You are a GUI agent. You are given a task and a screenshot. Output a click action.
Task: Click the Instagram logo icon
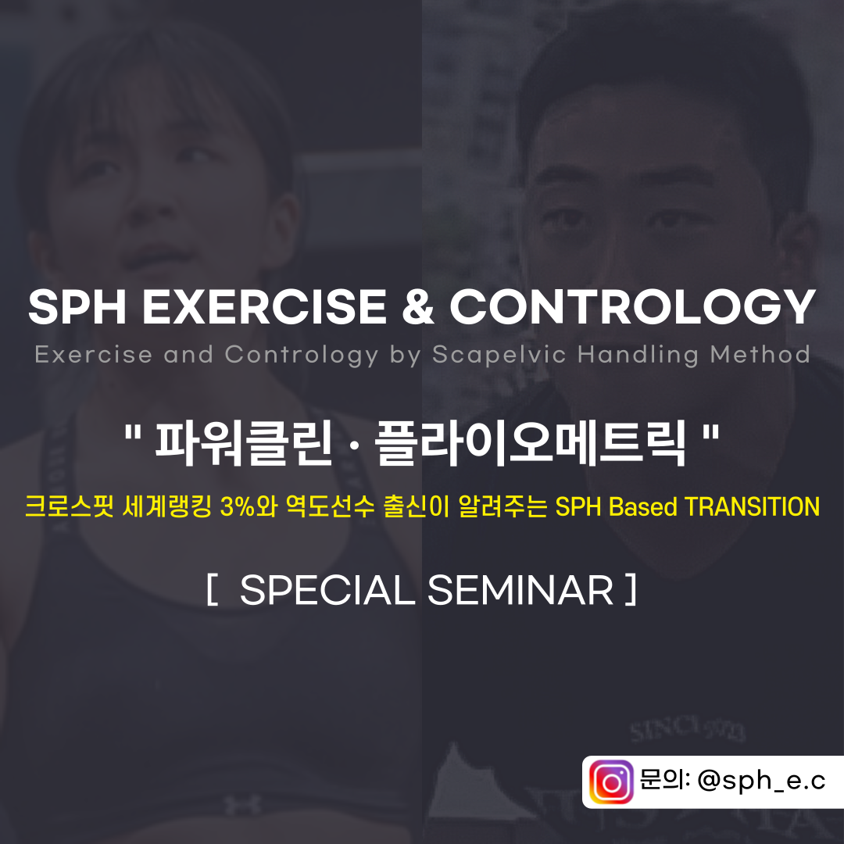[x=611, y=782]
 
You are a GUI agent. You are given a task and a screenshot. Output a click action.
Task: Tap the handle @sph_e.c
[x=761, y=781]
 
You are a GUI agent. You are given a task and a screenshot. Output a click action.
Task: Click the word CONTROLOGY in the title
[x=632, y=307]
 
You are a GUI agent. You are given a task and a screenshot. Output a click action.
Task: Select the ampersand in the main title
[x=417, y=307]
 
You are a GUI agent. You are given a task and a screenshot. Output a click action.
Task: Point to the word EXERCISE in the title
[x=264, y=307]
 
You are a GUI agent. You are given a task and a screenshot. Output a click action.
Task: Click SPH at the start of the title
[x=77, y=307]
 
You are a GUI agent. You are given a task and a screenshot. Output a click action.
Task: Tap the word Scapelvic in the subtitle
[x=499, y=355]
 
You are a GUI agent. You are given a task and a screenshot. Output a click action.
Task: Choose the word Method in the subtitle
[x=760, y=354]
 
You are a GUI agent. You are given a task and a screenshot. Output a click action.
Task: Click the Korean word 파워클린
[x=244, y=444]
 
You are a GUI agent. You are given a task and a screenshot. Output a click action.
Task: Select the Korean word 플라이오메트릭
[x=530, y=444]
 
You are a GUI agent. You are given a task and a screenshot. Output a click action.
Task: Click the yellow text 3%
[x=238, y=507]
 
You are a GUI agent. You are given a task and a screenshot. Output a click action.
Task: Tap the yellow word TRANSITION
[x=752, y=507]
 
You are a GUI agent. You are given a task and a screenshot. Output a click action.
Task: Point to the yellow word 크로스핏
[x=70, y=507]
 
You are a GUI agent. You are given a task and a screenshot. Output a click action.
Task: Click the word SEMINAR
[x=520, y=590]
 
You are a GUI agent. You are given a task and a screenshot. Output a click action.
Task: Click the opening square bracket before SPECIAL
[x=212, y=590]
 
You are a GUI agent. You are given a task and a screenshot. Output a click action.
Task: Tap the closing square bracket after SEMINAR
[x=631, y=590]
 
